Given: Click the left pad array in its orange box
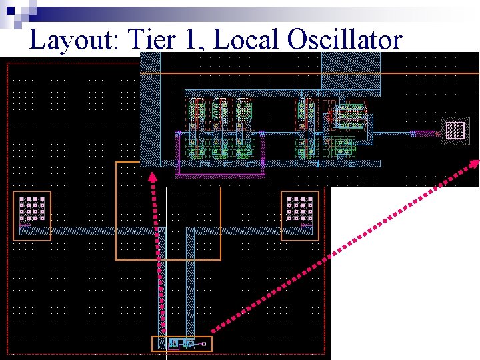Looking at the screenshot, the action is [x=32, y=209].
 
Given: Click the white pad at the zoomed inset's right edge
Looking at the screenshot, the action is [x=455, y=130].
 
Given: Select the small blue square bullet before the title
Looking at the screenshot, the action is [x=9, y=10].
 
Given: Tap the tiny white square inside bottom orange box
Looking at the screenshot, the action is [x=204, y=344].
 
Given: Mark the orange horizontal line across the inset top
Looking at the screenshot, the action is [x=313, y=73].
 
